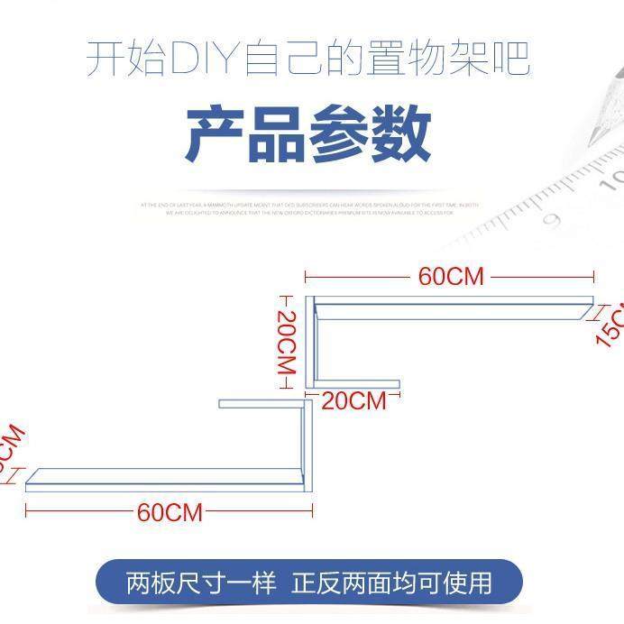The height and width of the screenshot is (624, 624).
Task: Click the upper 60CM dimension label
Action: (x=451, y=276)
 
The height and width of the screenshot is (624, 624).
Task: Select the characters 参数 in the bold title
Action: (x=371, y=135)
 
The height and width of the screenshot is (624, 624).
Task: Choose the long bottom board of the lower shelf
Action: (x=167, y=479)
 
